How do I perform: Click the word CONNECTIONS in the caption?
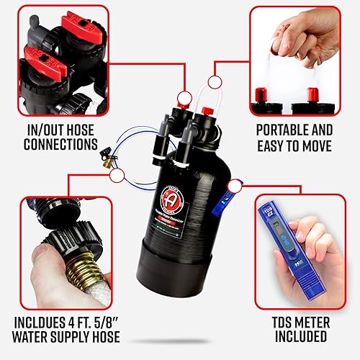[58, 144]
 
